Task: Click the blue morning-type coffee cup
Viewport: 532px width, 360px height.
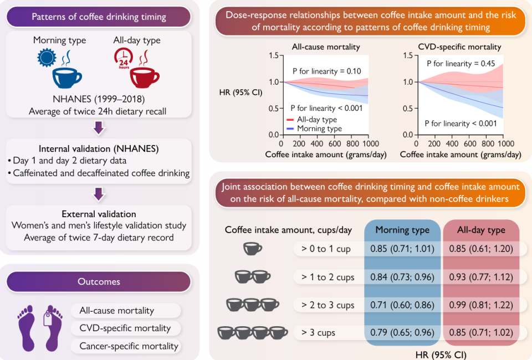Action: point(66,78)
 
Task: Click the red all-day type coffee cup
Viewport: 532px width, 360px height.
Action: point(144,78)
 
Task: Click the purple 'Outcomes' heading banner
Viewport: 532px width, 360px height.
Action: point(99,282)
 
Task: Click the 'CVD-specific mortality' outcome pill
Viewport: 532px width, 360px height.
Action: point(125,328)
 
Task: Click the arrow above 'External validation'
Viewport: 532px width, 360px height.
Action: point(98,194)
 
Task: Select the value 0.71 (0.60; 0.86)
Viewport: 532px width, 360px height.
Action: point(401,305)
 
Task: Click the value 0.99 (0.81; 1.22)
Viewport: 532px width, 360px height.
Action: point(481,305)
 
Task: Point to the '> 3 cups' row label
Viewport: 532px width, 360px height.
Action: point(319,333)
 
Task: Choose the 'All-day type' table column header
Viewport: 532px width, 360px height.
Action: point(481,230)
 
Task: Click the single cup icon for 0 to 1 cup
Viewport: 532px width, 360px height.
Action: point(252,249)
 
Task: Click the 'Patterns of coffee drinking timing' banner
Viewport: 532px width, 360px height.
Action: point(99,17)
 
